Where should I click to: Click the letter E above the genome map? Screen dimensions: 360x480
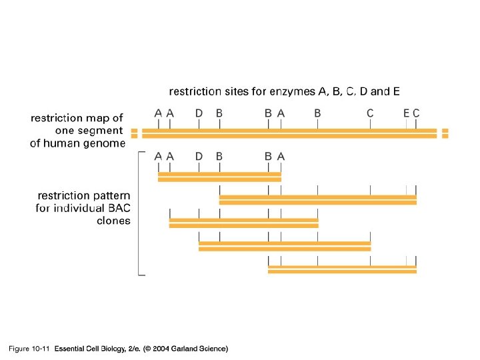(x=406, y=113)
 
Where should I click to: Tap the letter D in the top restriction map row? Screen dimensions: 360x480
(x=199, y=113)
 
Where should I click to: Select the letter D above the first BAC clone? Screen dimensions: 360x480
(x=199, y=156)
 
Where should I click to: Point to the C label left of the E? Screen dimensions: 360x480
(x=370, y=113)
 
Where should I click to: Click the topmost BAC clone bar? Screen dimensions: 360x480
(x=219, y=177)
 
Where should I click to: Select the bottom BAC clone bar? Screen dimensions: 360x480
(x=342, y=269)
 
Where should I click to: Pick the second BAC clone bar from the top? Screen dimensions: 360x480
(x=317, y=199)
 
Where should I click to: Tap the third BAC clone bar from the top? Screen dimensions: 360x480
(x=244, y=223)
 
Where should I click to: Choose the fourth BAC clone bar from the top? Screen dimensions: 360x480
(x=285, y=246)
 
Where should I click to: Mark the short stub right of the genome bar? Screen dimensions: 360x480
(x=445, y=133)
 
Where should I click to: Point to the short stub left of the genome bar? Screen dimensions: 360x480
(x=134, y=133)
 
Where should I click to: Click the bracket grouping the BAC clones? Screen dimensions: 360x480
(x=139, y=213)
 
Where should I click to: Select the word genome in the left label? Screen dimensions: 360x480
(x=105, y=143)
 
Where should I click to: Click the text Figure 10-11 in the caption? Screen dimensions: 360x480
(x=29, y=349)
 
